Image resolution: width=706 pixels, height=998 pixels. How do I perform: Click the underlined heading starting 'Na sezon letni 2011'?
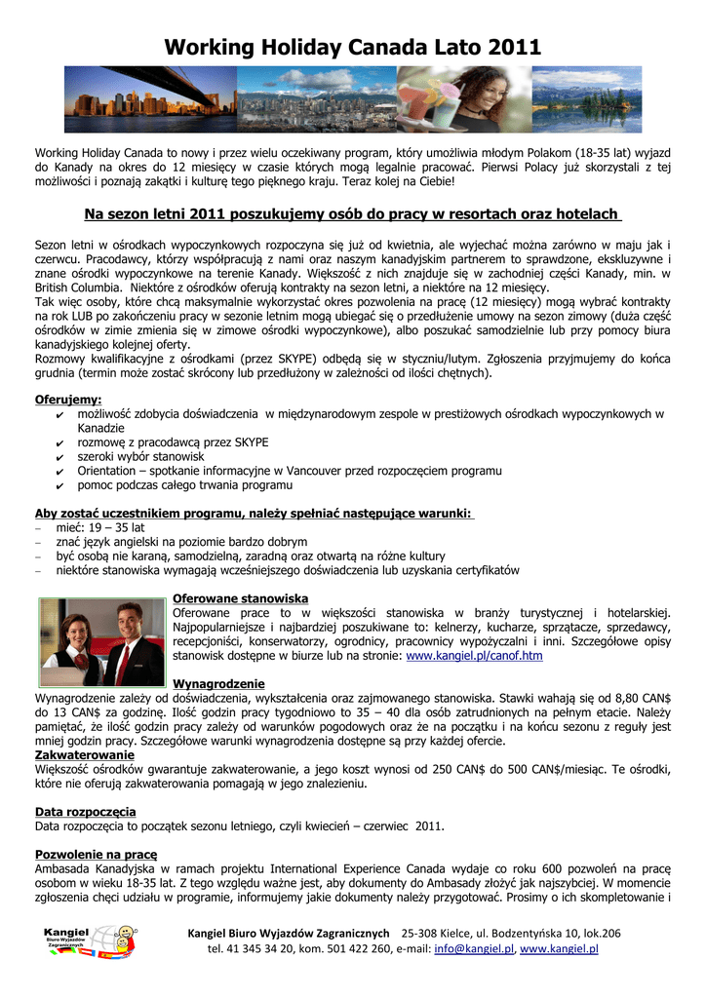pos(353,213)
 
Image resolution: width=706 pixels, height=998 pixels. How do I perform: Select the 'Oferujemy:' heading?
pos(68,400)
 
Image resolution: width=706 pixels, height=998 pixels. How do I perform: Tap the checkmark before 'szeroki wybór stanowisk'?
pos(61,457)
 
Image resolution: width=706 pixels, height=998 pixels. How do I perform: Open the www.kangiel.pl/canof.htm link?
pos(474,656)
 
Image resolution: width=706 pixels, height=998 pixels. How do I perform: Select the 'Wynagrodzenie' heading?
pos(218,683)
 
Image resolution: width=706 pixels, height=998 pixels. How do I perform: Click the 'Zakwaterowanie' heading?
pos(85,754)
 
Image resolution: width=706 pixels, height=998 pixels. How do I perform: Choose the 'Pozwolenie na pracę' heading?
pos(96,854)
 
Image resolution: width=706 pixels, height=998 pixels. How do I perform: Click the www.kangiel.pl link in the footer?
pos(559,948)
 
